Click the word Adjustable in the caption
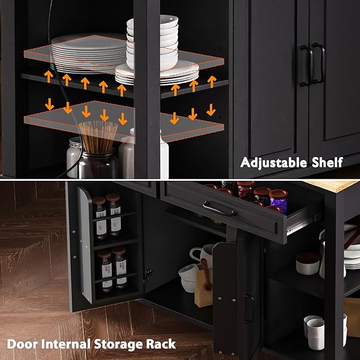coord(274,163)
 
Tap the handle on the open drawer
coord(219,208)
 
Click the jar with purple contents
coord(278,201)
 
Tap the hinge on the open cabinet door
coord(148,274)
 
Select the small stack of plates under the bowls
coord(157,74)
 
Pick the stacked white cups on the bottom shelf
coord(314,332)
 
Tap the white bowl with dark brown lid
coord(308,263)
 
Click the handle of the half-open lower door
coord(249,308)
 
